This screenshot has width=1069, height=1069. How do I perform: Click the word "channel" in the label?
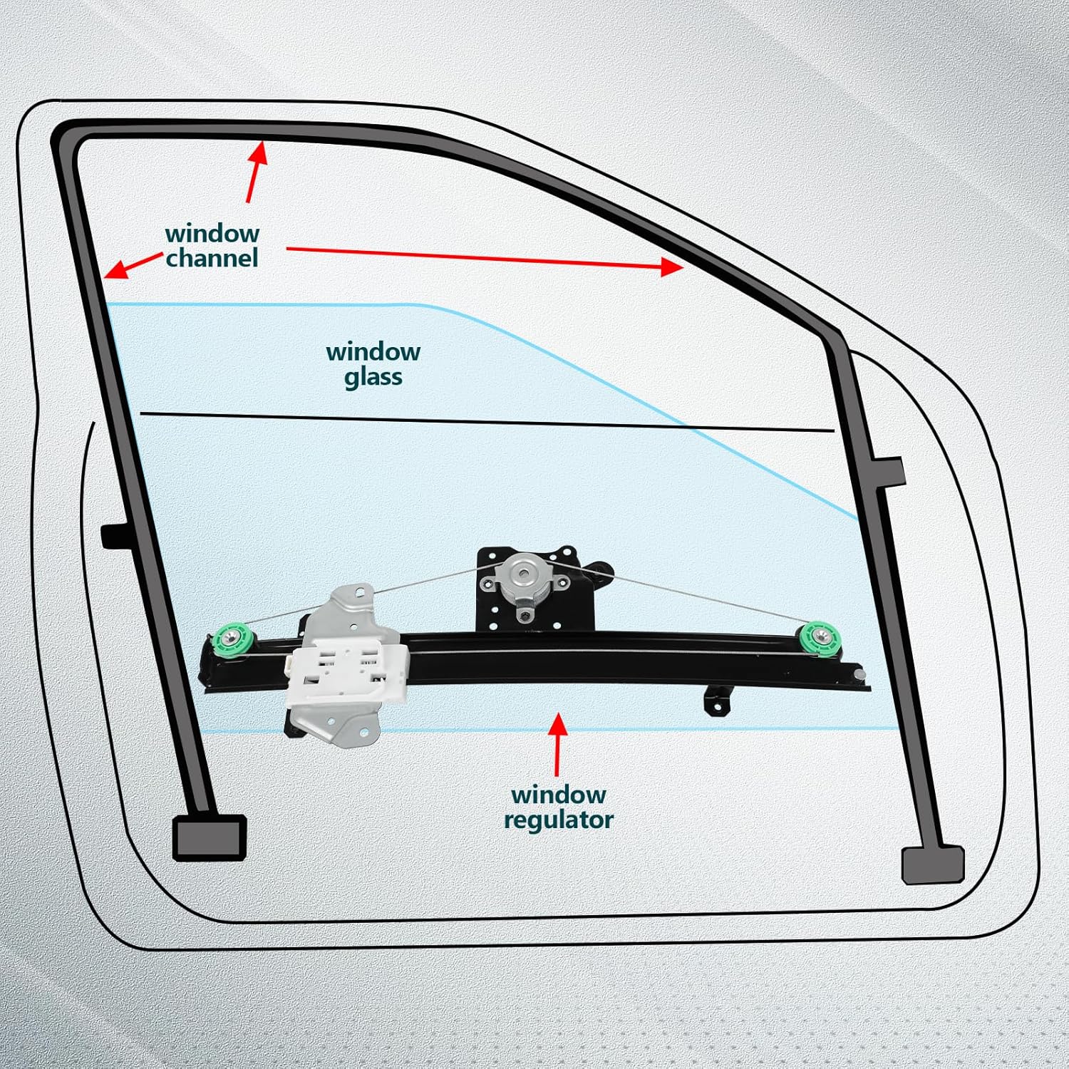[x=212, y=258]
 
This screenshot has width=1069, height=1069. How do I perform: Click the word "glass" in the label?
[x=373, y=377]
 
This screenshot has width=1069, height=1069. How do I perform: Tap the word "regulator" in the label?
[x=558, y=820]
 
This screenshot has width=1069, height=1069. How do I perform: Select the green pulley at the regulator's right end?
[x=820, y=637]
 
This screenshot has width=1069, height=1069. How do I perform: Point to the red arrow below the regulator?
[x=557, y=745]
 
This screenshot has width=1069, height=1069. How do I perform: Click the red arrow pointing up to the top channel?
[x=256, y=172]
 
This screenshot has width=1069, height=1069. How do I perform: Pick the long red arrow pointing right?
[x=485, y=258]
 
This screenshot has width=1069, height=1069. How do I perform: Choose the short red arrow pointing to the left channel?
[x=132, y=266]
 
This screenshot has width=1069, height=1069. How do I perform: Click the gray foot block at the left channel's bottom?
[x=210, y=837]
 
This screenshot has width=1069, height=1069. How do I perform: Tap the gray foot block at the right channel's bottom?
[x=932, y=864]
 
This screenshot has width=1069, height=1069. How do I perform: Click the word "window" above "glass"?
[x=373, y=352]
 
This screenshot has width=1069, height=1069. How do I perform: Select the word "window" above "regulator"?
[x=558, y=795]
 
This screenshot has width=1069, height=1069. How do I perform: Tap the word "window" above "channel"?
[x=212, y=234]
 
